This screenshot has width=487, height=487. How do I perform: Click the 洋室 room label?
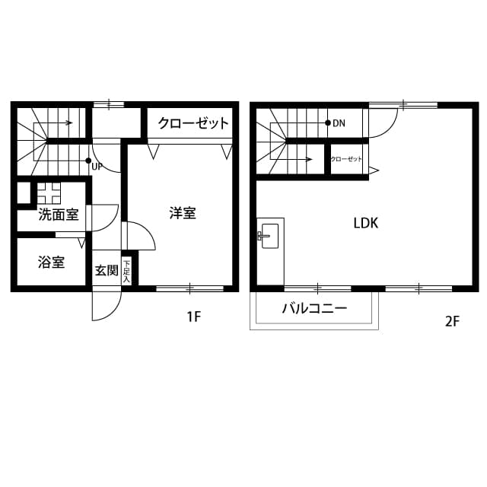click(183, 214)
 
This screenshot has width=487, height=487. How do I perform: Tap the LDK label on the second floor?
click(366, 223)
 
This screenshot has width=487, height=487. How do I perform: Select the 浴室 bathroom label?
click(52, 263)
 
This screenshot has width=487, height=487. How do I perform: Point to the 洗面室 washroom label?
click(59, 215)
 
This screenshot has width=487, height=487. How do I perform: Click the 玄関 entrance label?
click(106, 270)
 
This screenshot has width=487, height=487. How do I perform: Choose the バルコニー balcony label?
click(314, 309)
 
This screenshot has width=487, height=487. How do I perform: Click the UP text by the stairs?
click(97, 166)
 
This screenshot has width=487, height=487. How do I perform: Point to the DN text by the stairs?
click(339, 123)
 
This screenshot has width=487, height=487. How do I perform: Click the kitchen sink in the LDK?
click(269, 237)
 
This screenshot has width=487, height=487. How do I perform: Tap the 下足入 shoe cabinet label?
click(126, 270)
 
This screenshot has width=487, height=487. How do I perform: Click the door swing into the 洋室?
click(139, 236)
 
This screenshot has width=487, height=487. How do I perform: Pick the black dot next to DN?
click(327, 123)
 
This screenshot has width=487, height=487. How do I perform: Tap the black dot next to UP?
click(89, 161)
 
